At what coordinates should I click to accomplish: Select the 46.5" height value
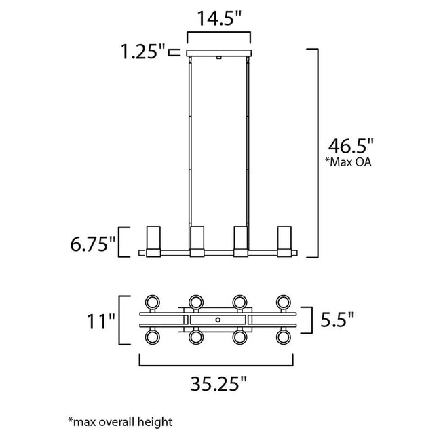coord(351,146)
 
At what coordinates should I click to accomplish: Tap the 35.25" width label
coord(219,385)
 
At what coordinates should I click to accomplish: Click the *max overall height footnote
coord(120,421)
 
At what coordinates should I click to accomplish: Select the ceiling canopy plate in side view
coord(219,54)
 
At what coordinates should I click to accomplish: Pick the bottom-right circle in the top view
coord(284,337)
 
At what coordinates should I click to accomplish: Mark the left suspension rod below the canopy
coord(190,142)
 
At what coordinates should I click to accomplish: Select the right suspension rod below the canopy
coord(248,142)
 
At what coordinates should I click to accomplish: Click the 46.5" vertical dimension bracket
coord(314,153)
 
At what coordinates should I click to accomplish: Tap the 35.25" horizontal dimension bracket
coord(219,364)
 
